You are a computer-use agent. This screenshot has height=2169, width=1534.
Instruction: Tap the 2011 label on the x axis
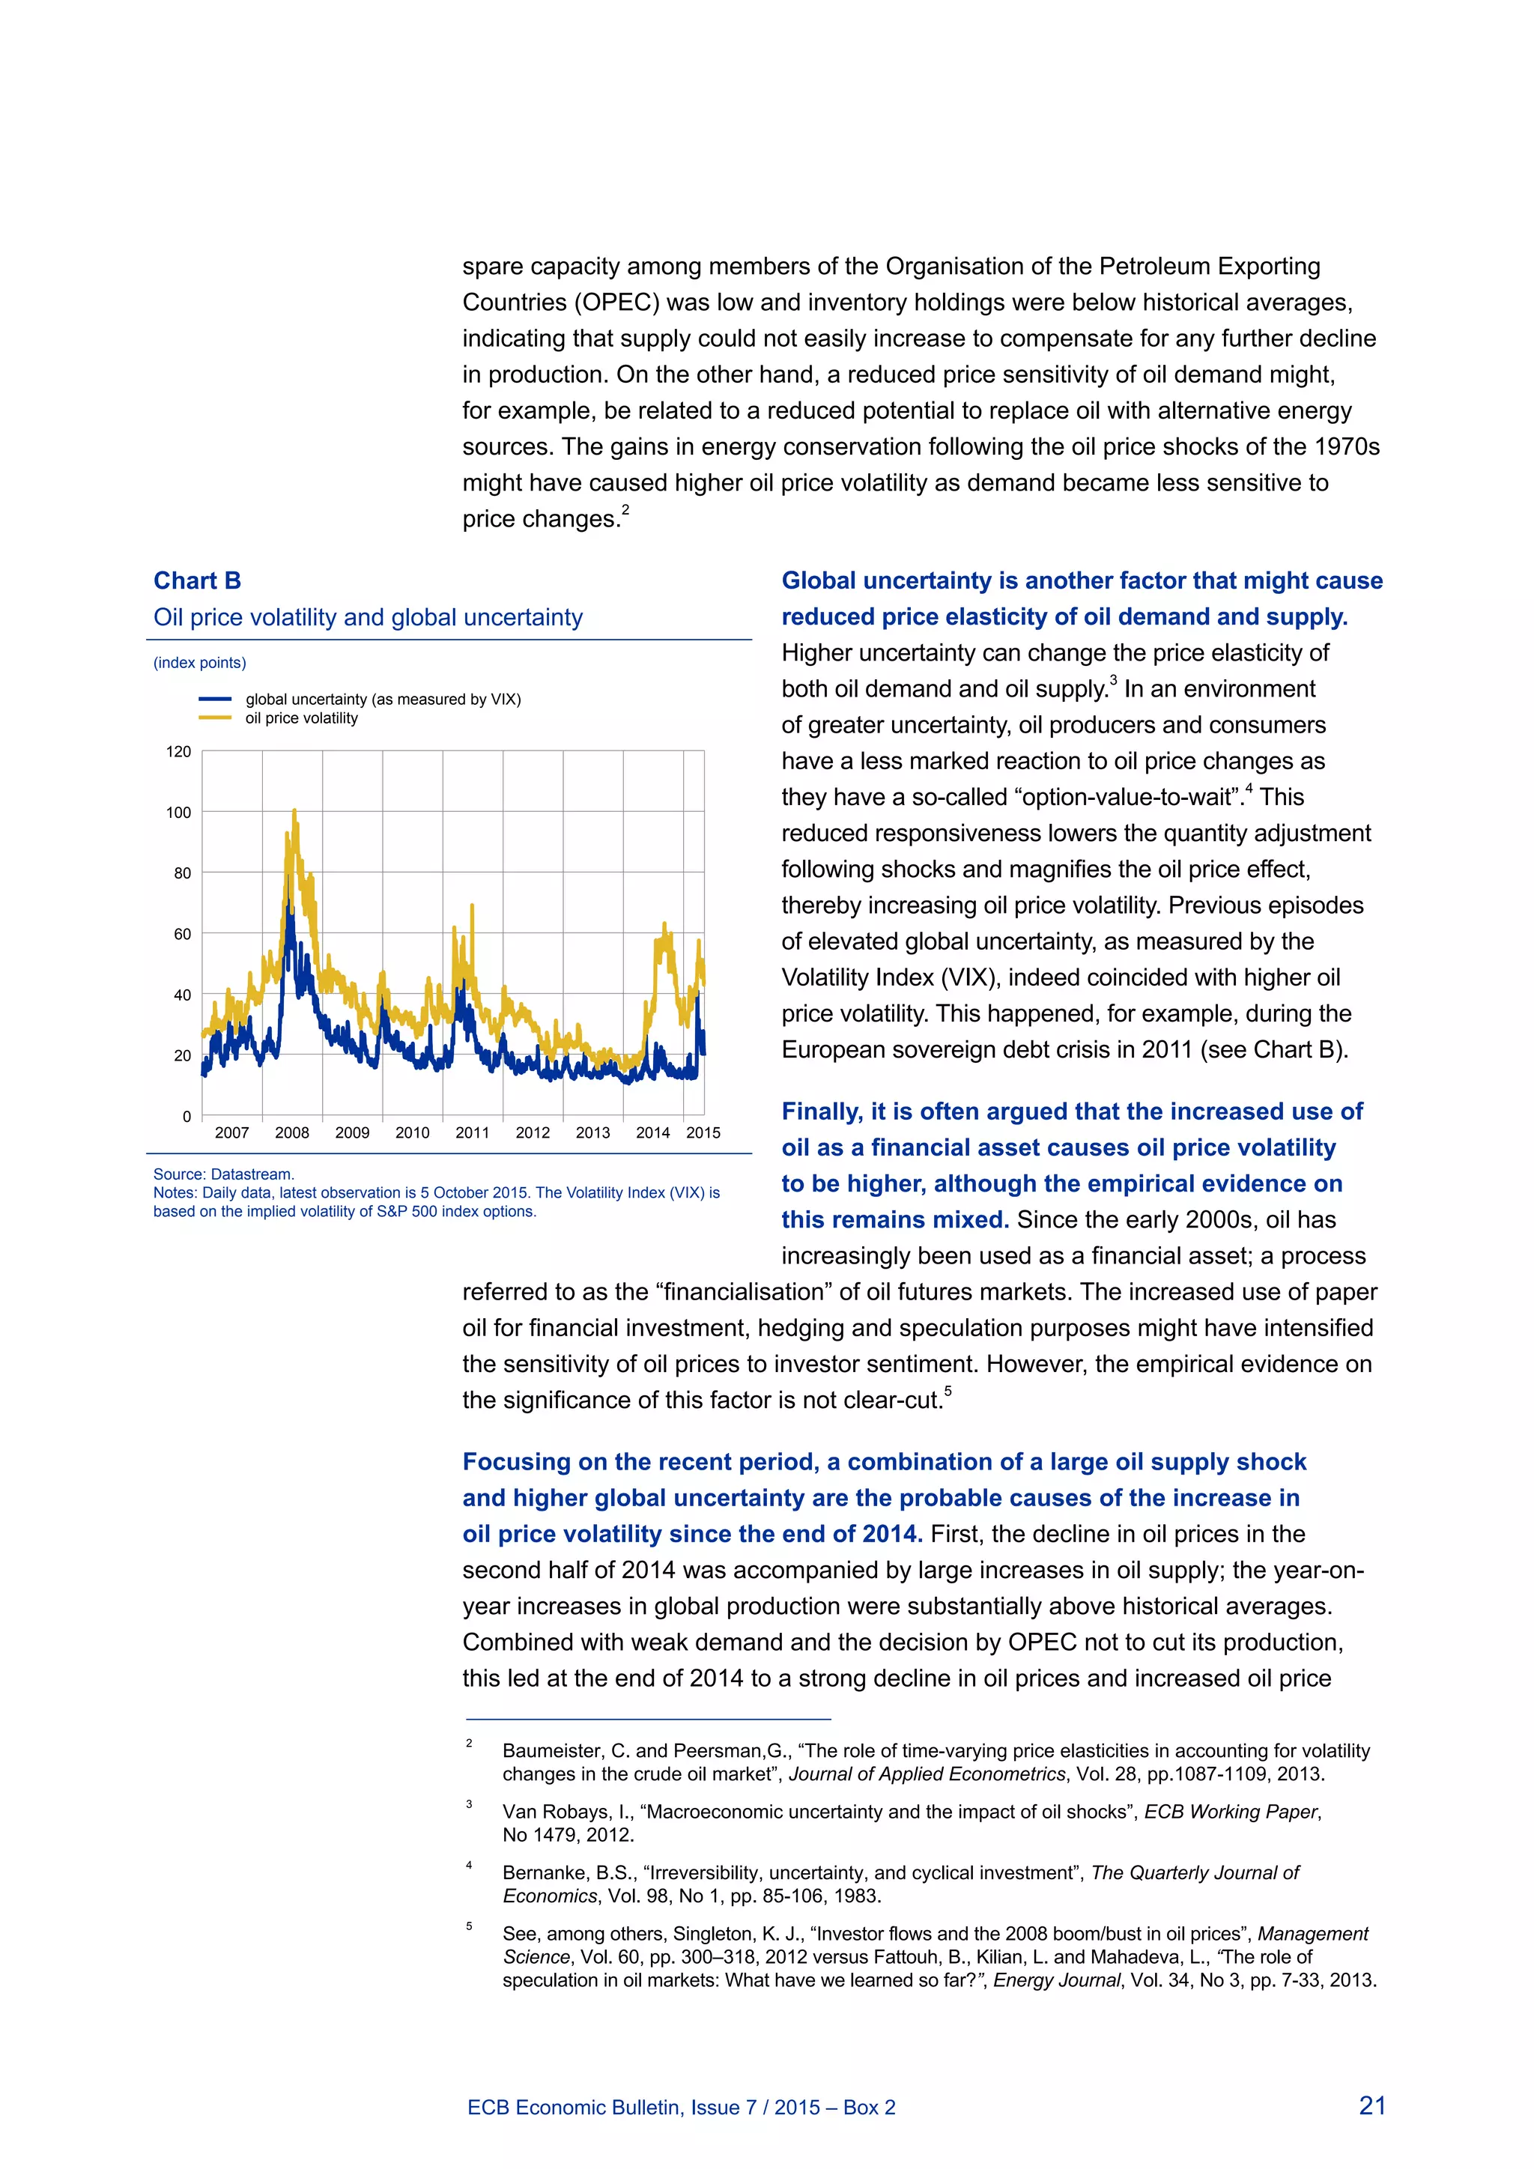click(473, 1132)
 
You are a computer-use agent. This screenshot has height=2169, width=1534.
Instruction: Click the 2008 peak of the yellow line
click(294, 810)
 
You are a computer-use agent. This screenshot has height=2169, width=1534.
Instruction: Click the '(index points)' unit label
click(199, 662)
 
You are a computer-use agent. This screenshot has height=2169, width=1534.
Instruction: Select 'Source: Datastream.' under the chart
click(224, 1174)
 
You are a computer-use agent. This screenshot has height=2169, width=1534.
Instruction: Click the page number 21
click(1371, 2105)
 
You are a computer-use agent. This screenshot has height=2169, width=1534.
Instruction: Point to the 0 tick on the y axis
click(186, 1117)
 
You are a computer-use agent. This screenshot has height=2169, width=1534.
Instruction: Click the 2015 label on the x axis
click(703, 1132)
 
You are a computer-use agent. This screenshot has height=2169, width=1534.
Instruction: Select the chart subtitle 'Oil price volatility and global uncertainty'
click(368, 617)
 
